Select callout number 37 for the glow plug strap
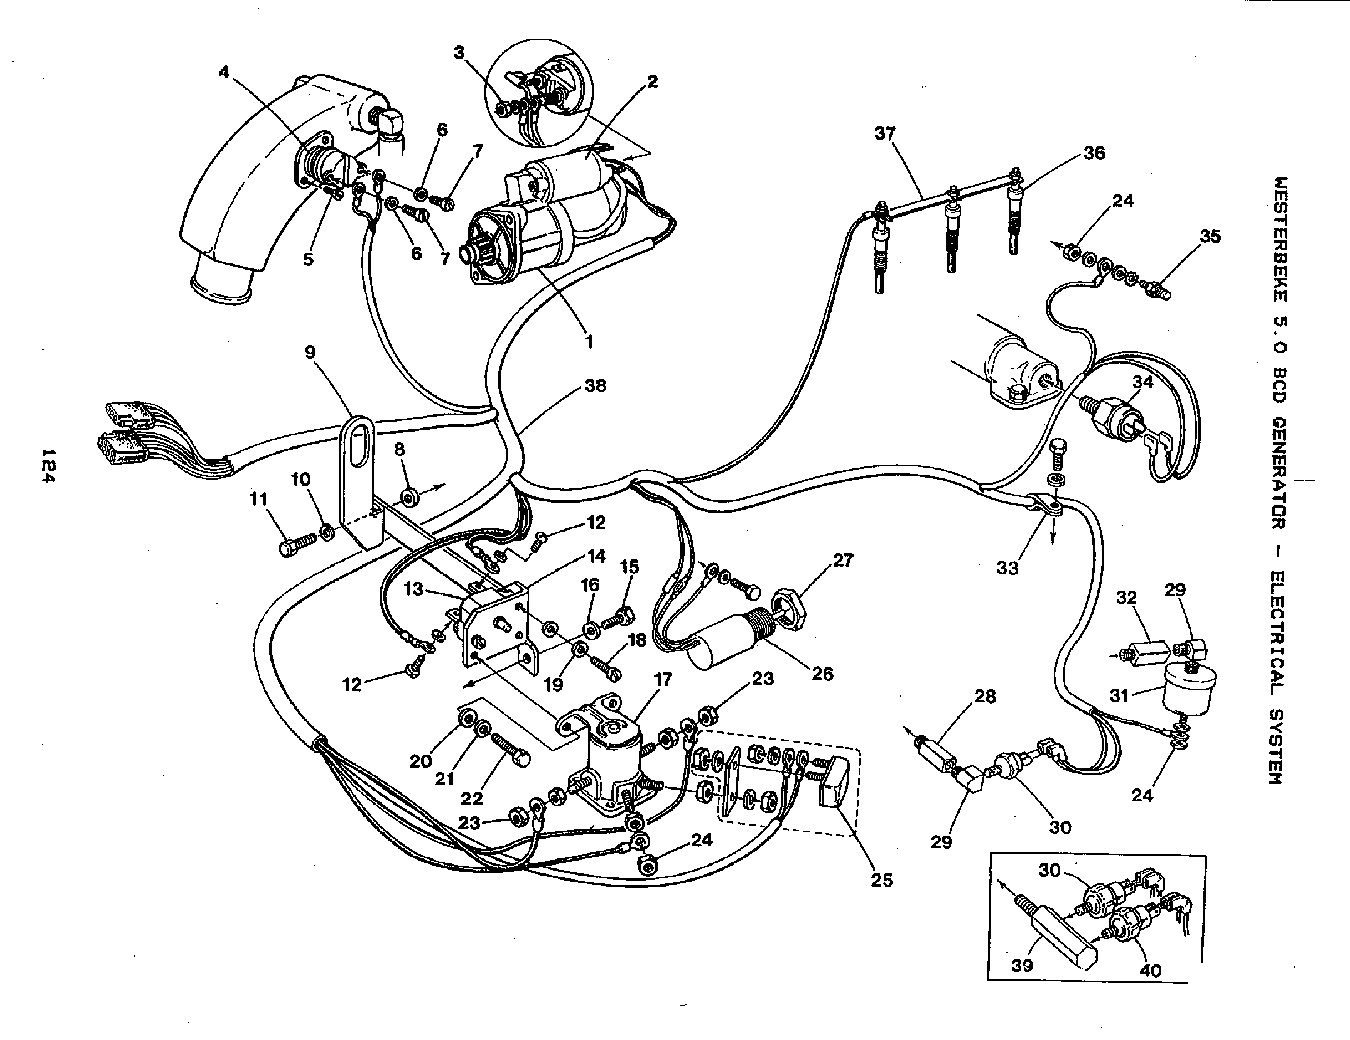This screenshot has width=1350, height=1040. (885, 133)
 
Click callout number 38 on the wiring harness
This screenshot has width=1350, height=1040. (595, 386)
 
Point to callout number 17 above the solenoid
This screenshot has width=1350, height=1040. (662, 680)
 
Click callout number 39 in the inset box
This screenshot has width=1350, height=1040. (1022, 965)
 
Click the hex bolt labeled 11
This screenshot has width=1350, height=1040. (289, 547)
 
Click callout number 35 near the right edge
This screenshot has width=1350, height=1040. (1210, 237)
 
